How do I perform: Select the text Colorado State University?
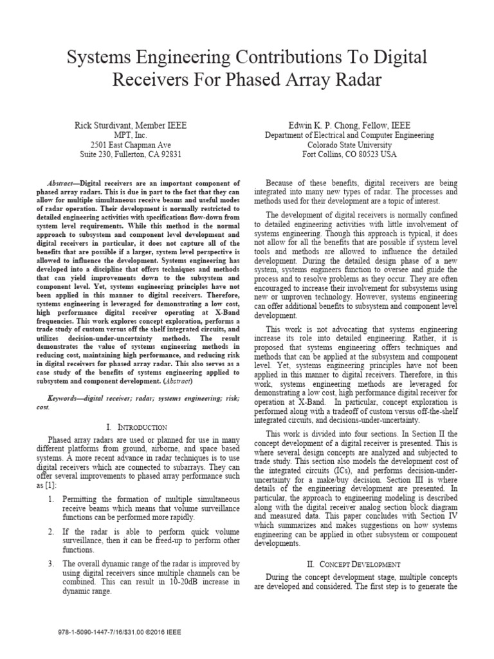coord(350,145)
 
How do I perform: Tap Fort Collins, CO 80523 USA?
coord(350,154)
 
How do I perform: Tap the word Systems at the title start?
coord(99,58)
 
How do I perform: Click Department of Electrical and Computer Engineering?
coord(350,135)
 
